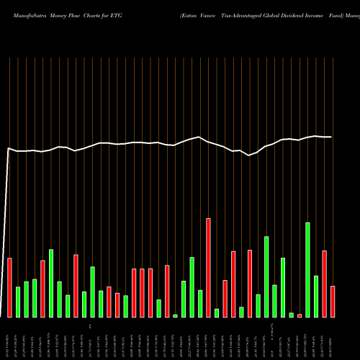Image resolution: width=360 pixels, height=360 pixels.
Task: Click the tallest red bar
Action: [x=208, y=267]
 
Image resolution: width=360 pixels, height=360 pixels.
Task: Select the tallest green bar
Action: [x=307, y=269]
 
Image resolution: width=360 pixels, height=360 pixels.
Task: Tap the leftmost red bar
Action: [x=9, y=287]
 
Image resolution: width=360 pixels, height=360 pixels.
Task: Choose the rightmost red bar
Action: [x=333, y=301]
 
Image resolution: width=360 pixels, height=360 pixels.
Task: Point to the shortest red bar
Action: [x=300, y=315]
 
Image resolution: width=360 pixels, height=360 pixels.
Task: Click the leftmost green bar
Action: [x=18, y=302]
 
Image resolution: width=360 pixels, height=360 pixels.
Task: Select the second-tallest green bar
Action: [x=266, y=276]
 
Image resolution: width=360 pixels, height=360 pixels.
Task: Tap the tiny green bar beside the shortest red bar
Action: [x=292, y=315]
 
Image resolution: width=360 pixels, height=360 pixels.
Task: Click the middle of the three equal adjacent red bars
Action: [x=142, y=292]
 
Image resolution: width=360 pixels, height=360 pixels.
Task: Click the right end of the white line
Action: [x=331, y=137]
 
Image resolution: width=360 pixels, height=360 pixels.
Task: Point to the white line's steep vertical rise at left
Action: [x=6, y=230]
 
